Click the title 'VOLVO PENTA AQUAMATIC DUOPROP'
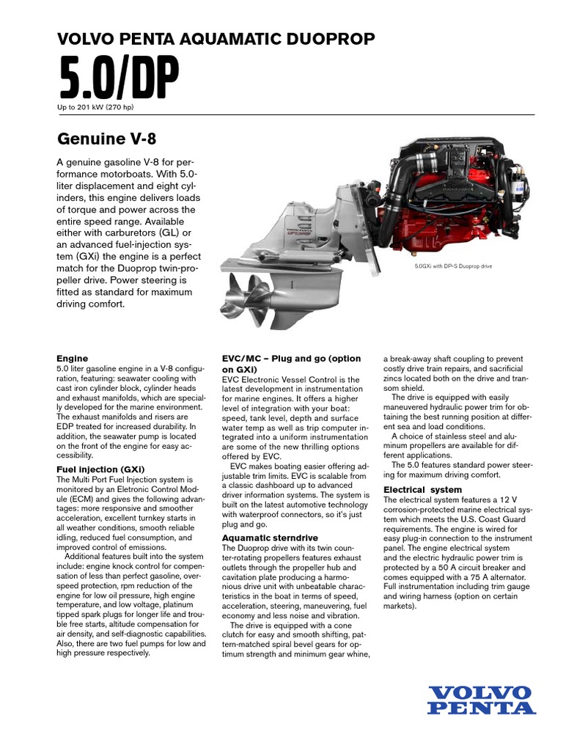point(216,38)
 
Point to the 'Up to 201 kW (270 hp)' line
point(95,107)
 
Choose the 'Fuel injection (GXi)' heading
point(100,469)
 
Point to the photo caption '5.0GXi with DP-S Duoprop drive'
point(452,265)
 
